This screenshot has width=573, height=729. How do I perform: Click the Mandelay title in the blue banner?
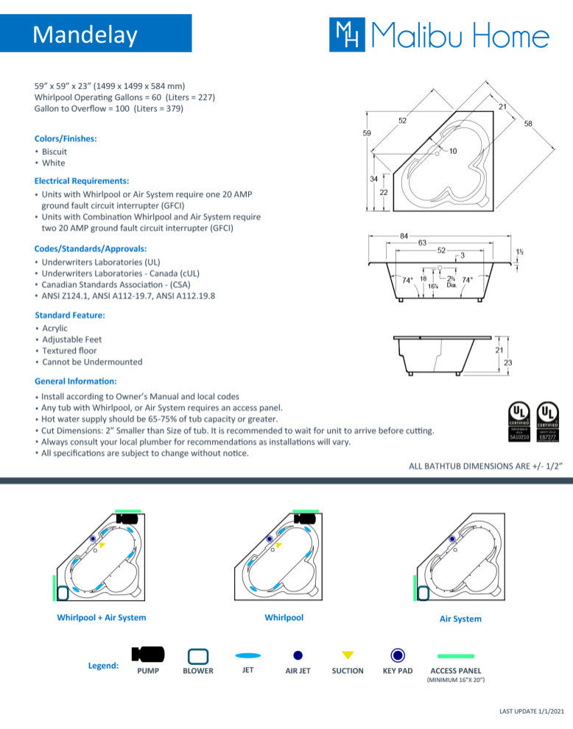(85, 34)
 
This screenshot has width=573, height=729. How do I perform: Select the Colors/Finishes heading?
(66, 138)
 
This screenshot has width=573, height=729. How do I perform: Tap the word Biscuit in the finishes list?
(55, 152)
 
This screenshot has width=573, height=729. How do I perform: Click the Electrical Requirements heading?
(82, 180)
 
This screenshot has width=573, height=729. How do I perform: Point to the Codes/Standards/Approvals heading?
(91, 248)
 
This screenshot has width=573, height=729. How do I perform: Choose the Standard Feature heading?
(70, 315)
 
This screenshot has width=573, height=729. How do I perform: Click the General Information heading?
(76, 381)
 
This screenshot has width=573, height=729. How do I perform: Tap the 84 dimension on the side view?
(404, 236)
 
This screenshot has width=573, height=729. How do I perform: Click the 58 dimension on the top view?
(528, 124)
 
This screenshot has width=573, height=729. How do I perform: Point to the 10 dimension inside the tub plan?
(452, 151)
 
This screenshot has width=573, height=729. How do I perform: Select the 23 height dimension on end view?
(507, 362)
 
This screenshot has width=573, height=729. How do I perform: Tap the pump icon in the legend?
(148, 654)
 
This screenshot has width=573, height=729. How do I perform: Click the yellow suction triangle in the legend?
(348, 655)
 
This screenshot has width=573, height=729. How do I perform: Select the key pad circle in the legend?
(398, 655)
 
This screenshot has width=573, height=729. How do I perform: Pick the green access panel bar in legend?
(456, 655)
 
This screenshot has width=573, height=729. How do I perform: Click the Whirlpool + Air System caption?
(102, 618)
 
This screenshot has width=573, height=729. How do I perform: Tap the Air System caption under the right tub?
(460, 619)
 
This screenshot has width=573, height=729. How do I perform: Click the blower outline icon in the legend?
(198, 655)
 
